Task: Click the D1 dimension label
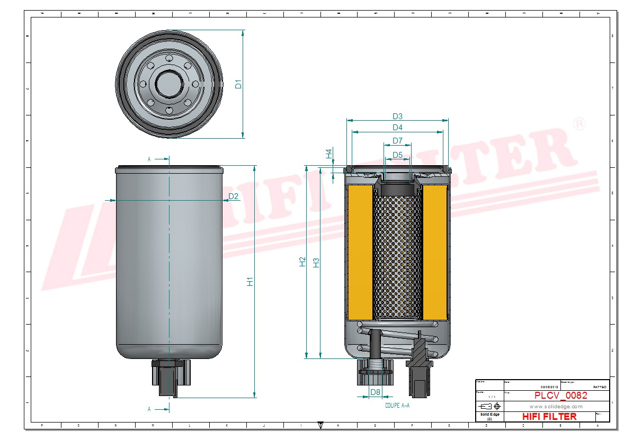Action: coord(238,84)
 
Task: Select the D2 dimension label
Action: coord(234,197)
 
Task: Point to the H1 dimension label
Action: coord(251,282)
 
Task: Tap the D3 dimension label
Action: coord(398,116)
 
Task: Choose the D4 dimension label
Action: coord(398,128)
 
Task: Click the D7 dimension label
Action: coord(398,141)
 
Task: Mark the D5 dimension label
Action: coord(398,155)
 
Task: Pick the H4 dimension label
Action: coord(329,154)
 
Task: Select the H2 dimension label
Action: coord(302,262)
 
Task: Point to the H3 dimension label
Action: coord(316,262)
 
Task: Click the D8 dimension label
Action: coord(375,392)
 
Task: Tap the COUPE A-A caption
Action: coord(398,406)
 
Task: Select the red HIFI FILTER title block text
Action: coord(549,417)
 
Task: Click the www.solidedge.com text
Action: coord(556,407)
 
